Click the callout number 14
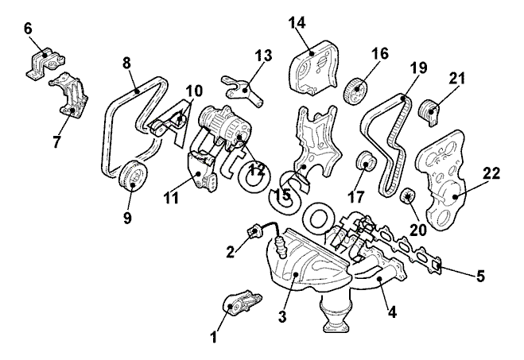(297, 23)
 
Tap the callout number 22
(491, 173)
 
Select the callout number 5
(480, 277)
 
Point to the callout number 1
(214, 337)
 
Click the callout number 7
(56, 141)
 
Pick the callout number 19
(418, 68)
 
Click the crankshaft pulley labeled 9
(133, 176)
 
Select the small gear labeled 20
(407, 196)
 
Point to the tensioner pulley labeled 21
(429, 112)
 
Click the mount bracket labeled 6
(45, 63)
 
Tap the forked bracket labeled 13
(243, 91)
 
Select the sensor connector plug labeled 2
(254, 231)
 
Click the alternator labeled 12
(225, 129)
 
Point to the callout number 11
(172, 198)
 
